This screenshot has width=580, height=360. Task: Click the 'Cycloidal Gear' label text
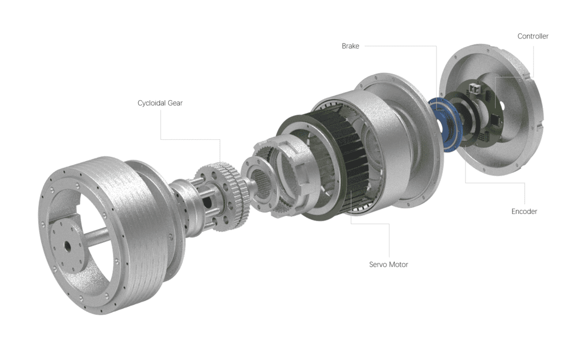click(x=160, y=103)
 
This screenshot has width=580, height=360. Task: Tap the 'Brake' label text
click(x=350, y=46)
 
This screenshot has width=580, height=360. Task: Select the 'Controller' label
click(x=533, y=36)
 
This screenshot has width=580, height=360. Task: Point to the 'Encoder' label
click(x=524, y=211)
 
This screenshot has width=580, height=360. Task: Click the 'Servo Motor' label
click(x=388, y=265)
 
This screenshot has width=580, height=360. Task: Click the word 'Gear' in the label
click(x=175, y=103)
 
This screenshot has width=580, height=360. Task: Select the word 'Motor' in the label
click(x=398, y=265)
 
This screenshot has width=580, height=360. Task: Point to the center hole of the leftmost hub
click(x=69, y=246)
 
